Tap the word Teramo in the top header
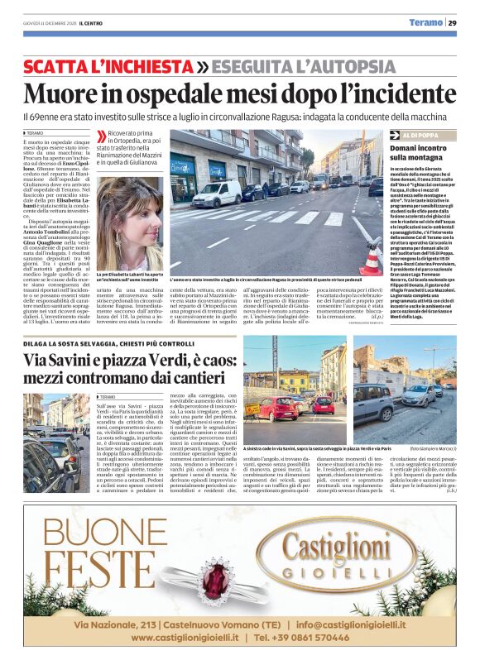pos(427,22)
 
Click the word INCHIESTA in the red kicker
pos(144,65)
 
